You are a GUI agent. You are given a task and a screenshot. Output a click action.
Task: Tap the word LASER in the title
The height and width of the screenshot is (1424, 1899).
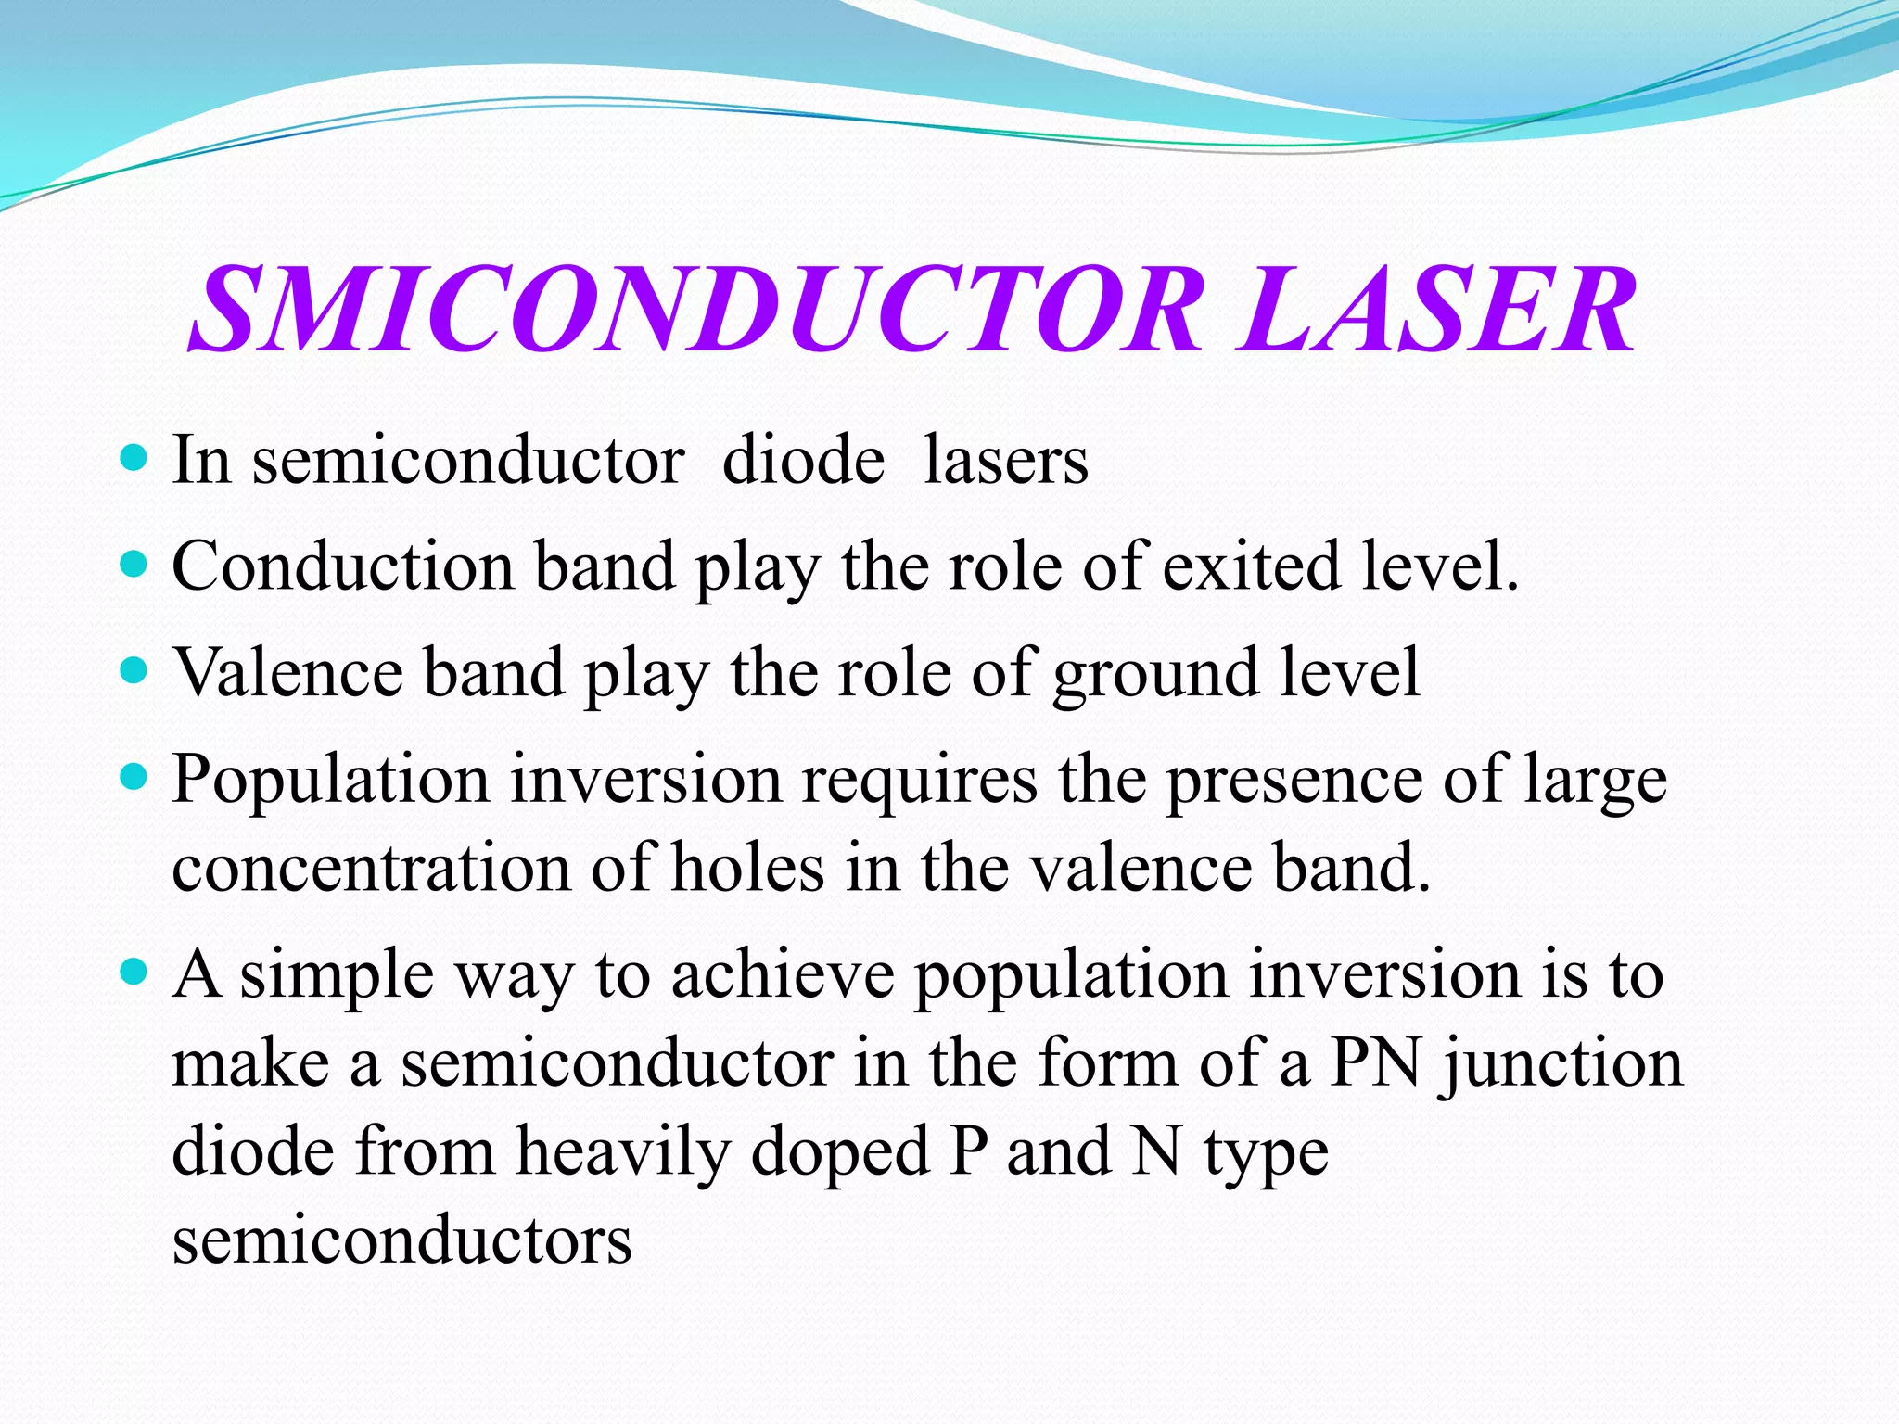point(1436,310)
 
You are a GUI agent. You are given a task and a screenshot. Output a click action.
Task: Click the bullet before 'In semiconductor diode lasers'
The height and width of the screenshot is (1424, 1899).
point(134,457)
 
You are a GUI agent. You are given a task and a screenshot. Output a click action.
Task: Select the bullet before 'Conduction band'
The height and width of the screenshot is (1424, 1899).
point(134,564)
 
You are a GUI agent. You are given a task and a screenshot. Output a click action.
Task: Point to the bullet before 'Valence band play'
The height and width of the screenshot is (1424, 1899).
point(134,669)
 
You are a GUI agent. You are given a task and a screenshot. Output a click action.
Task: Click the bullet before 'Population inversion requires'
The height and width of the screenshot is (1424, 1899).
point(134,776)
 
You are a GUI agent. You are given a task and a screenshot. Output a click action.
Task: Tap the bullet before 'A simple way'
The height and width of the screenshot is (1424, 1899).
point(134,972)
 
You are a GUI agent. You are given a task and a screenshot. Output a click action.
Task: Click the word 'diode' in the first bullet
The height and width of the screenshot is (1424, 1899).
point(803,460)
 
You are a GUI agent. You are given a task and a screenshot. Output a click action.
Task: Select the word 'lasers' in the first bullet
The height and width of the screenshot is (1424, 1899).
point(1006,460)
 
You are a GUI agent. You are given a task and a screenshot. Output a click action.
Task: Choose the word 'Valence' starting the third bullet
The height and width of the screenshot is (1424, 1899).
point(288,672)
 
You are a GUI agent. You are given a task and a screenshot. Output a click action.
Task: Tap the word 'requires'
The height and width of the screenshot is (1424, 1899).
point(920,780)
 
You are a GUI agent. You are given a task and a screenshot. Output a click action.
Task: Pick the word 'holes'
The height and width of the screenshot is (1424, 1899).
point(747,869)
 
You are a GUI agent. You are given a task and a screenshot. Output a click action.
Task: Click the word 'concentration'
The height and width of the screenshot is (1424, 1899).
point(371,869)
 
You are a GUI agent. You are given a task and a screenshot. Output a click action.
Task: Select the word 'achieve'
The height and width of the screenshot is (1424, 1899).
point(783,975)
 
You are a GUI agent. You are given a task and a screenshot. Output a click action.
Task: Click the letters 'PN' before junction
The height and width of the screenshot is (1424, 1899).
point(1376,1063)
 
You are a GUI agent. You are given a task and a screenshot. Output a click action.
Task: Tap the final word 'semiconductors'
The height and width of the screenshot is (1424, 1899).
point(402,1240)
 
